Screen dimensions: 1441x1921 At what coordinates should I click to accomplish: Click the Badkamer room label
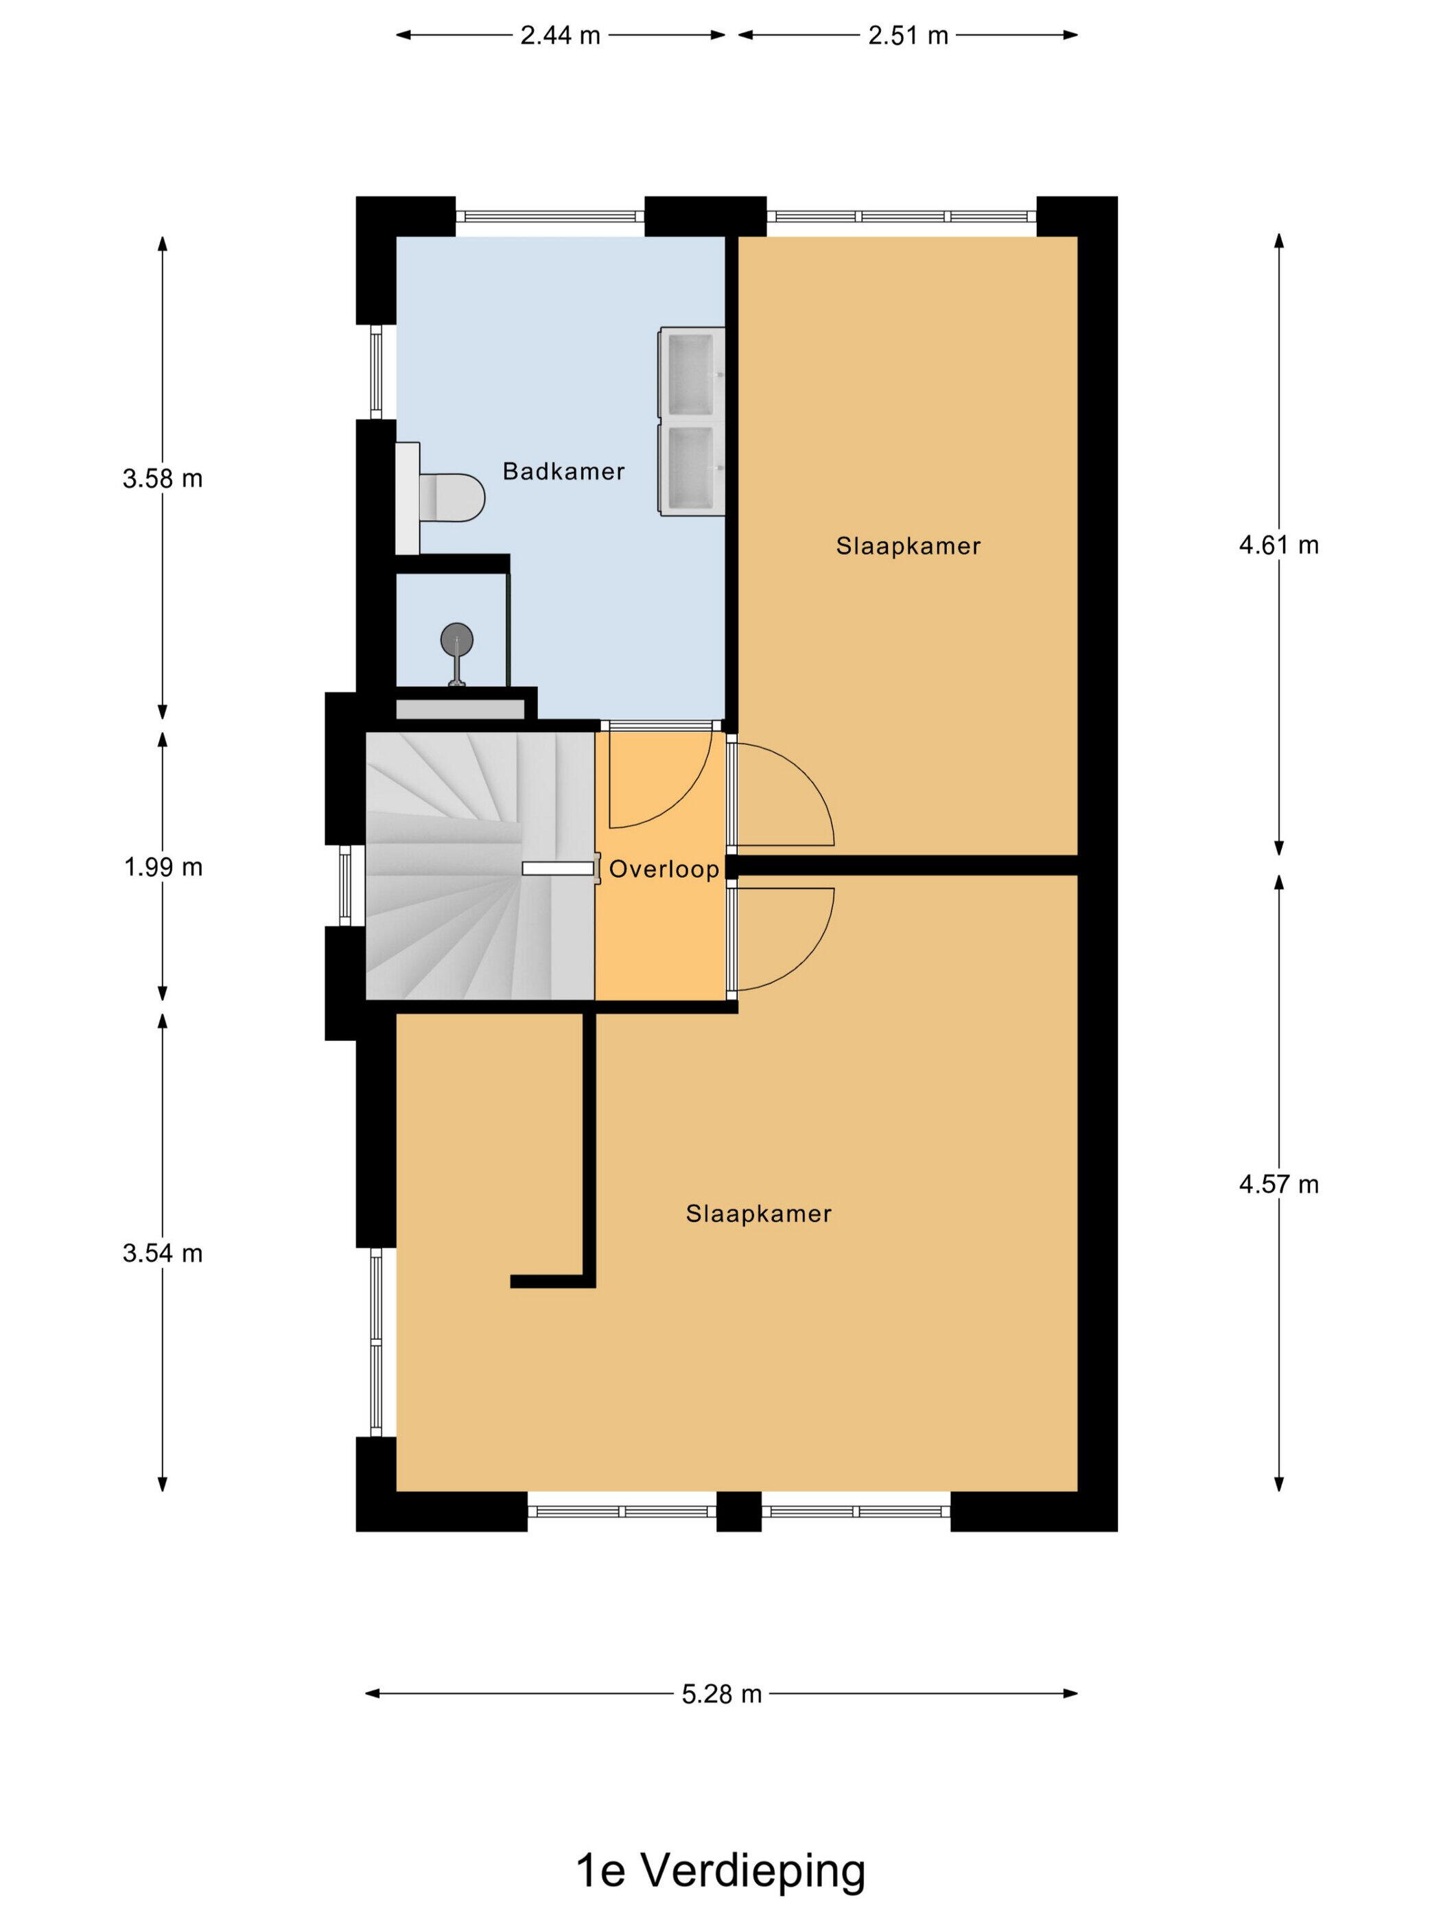pos(564,471)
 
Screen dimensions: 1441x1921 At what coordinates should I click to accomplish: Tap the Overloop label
pos(664,869)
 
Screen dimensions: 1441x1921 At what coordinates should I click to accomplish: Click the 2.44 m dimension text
pos(560,36)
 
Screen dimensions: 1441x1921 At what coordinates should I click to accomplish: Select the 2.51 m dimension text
pos(908,36)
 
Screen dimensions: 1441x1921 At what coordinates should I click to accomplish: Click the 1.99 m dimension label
pos(163,867)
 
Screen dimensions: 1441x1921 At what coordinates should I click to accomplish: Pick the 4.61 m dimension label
pos(1278,545)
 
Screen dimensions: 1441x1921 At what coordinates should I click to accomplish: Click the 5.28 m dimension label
pos(721,1693)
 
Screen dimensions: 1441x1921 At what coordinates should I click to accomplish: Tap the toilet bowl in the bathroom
pos(452,497)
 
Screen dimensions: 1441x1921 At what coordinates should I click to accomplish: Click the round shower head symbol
pos(457,640)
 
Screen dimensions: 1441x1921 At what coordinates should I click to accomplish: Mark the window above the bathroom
pos(550,216)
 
